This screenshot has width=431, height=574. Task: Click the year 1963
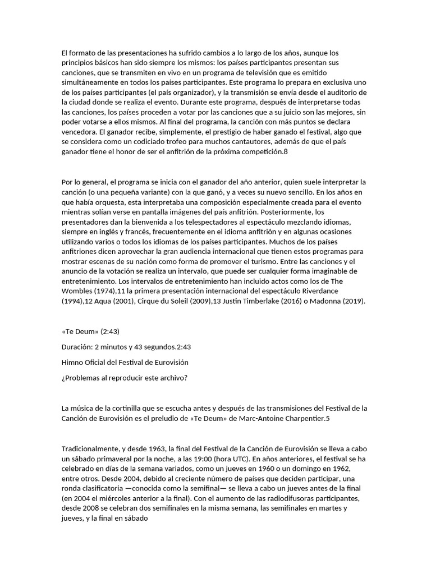(158, 448)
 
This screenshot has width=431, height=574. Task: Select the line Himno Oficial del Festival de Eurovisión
(125, 362)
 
